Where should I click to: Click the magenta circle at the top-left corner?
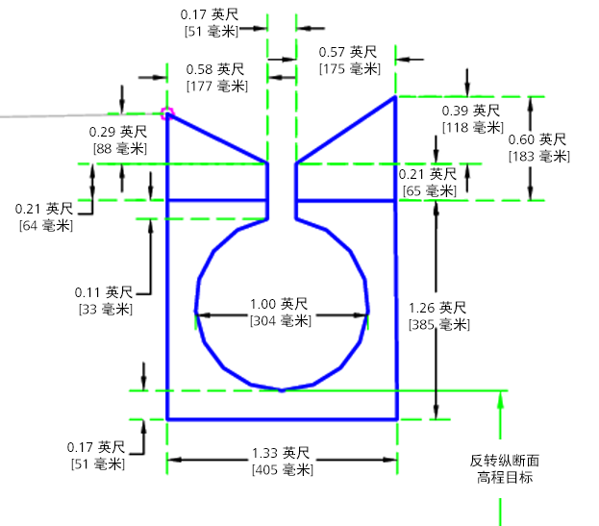[168, 113]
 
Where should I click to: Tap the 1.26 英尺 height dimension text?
[438, 308]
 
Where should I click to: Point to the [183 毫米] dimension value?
[538, 156]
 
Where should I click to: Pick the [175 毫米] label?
[350, 68]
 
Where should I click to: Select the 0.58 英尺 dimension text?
[215, 70]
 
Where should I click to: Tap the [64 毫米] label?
[44, 225]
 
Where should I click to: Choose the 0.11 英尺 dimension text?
[105, 292]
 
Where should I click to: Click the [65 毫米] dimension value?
[428, 190]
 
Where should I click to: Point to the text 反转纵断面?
[505, 461]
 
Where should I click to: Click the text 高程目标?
[505, 477]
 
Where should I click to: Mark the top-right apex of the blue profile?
[395, 97]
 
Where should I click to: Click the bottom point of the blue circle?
[281, 389]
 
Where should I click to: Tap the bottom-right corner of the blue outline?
[396, 419]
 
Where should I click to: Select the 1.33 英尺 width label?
[281, 454]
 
